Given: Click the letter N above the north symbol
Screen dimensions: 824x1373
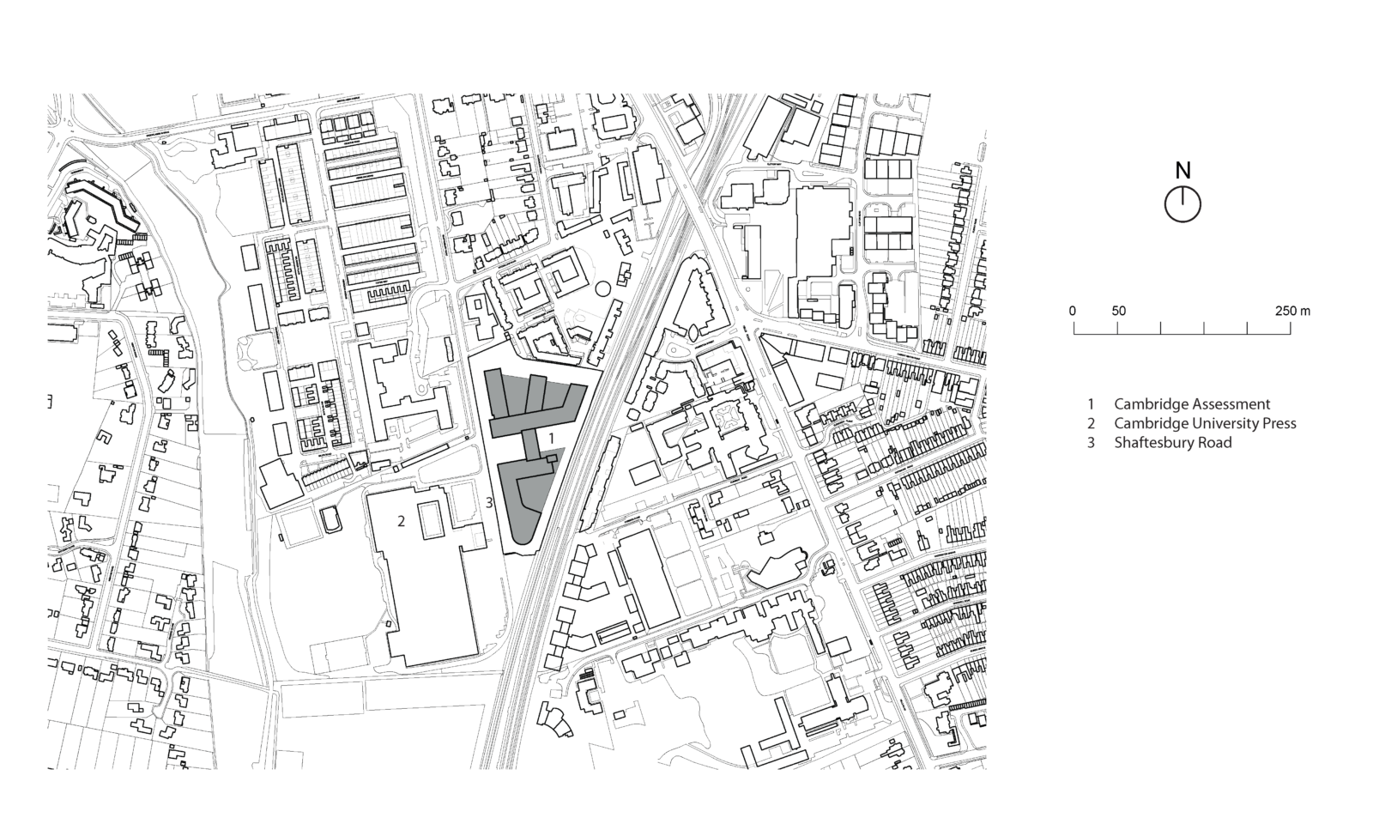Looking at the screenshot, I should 1182,171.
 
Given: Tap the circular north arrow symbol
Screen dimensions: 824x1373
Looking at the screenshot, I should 1182,205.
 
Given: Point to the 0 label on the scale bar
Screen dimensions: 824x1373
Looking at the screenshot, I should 1073,311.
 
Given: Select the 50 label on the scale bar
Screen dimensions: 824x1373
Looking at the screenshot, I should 1118,311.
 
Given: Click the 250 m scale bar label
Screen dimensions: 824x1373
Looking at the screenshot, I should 1292,311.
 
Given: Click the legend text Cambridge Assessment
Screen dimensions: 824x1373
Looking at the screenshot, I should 1192,403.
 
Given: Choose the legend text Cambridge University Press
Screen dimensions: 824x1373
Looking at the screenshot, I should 1205,423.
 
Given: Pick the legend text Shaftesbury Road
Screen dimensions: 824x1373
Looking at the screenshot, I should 1172,443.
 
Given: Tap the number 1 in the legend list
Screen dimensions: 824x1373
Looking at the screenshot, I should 1091,403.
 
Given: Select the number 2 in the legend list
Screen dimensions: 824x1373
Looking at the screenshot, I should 1091,423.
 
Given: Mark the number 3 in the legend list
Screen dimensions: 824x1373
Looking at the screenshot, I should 1091,443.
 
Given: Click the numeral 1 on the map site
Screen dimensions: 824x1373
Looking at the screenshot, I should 551,439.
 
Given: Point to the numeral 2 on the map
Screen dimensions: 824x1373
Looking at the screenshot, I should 401,521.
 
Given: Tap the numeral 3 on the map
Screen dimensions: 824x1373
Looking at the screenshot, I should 489,503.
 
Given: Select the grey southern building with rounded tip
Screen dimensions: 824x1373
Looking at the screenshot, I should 525,502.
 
